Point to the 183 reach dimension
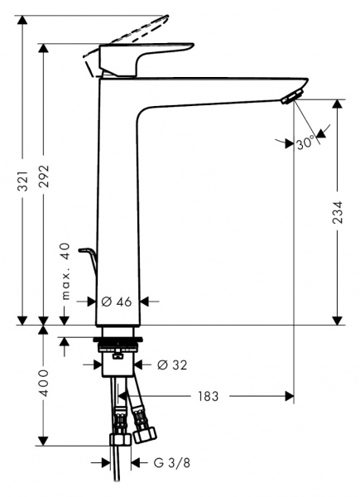pos(208,397)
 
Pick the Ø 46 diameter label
pos(117,302)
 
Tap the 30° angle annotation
pos(305,142)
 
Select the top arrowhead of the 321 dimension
pos(22,19)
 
